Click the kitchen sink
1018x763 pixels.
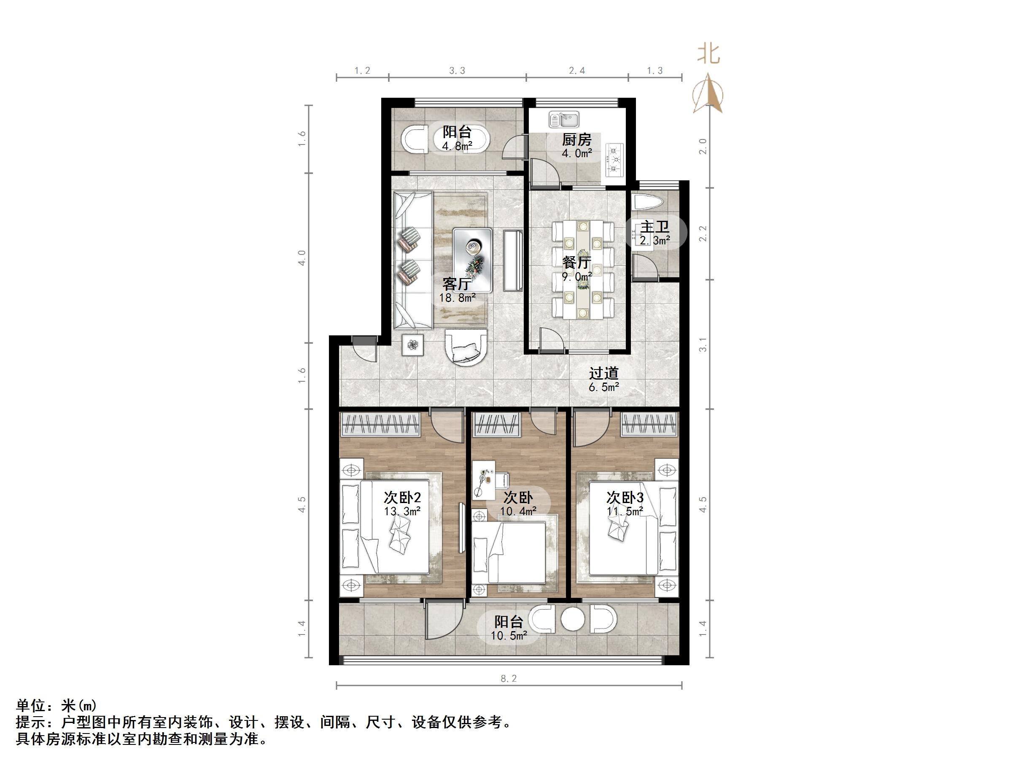point(564,120)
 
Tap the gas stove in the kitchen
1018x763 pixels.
point(615,160)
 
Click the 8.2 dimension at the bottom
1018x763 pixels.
point(509,678)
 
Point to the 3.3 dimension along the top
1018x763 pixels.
point(457,70)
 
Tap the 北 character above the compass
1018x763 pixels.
point(708,54)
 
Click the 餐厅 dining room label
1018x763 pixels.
point(576,262)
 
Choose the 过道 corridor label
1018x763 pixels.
point(603,373)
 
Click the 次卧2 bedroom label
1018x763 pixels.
point(402,498)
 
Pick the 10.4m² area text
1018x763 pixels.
point(518,511)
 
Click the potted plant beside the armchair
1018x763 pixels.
point(413,345)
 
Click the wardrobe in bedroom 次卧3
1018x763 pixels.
point(649,424)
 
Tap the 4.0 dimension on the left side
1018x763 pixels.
point(302,257)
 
